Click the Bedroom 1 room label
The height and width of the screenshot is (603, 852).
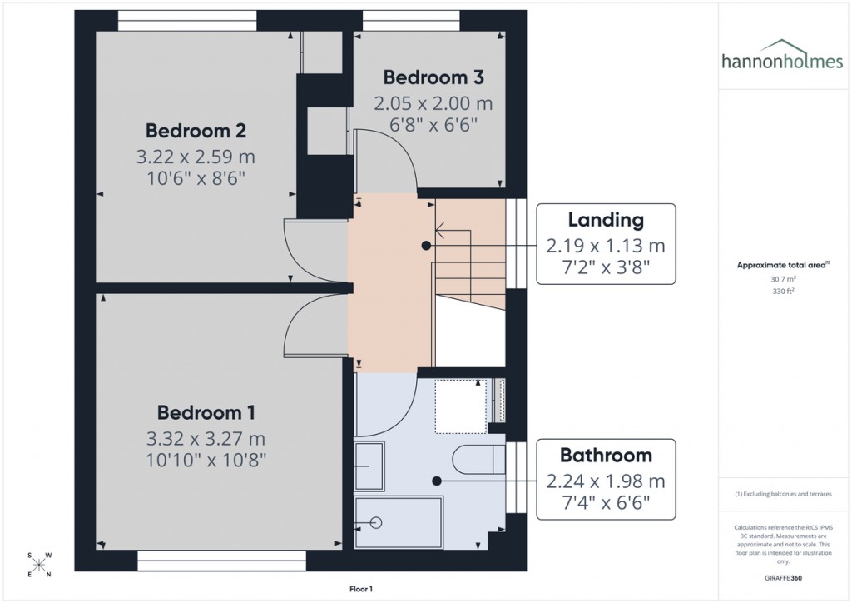[x=206, y=412]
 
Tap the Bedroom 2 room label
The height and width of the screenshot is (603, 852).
[x=195, y=131]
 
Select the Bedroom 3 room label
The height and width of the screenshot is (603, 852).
[x=433, y=77]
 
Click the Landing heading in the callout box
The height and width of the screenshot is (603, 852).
[x=606, y=221]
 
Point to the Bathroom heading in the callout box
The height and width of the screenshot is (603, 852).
[x=606, y=456]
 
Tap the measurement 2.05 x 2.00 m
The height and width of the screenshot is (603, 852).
[x=433, y=104]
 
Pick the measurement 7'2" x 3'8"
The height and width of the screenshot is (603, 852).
[x=606, y=267]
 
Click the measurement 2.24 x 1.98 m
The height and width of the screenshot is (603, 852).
[x=606, y=481]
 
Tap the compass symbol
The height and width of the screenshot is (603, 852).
[x=39, y=565]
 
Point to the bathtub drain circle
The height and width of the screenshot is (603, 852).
[x=375, y=523]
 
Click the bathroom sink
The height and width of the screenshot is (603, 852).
[x=369, y=466]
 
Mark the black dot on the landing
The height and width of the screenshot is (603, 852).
[x=426, y=246]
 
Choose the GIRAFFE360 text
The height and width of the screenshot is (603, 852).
[x=781, y=578]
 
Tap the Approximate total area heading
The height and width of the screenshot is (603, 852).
[x=781, y=265]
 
